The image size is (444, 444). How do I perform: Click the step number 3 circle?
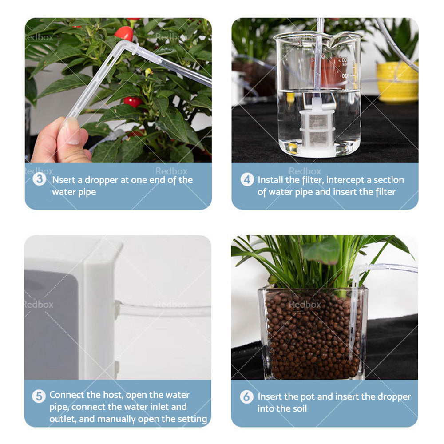40,179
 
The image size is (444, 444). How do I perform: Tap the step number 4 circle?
247,180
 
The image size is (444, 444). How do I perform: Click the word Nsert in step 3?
64,180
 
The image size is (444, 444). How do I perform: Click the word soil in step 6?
297,408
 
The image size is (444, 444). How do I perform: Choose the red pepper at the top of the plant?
124,32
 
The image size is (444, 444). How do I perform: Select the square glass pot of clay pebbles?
313,333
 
